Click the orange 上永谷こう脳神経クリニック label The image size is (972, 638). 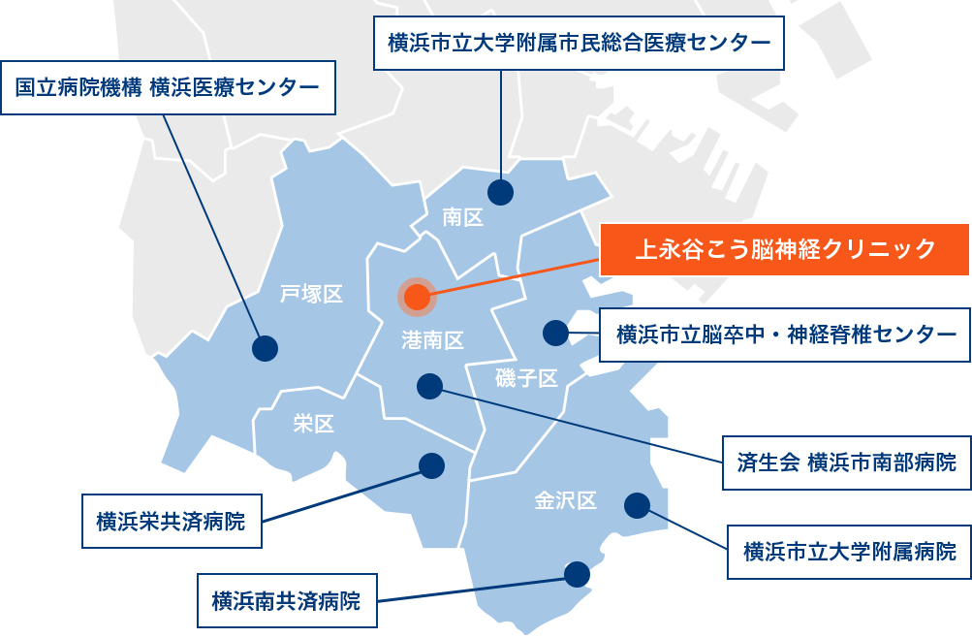click(x=784, y=250)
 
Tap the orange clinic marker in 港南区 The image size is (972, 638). click(x=418, y=298)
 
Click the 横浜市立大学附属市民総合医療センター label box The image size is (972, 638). click(x=579, y=43)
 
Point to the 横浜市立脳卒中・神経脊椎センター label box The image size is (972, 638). click(x=785, y=335)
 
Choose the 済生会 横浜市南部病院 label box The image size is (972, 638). click(x=846, y=462)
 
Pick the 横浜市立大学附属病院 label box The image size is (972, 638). click(x=849, y=552)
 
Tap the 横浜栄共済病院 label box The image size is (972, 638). click(x=172, y=522)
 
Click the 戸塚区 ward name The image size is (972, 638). click(x=311, y=294)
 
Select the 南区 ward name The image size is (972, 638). click(x=462, y=217)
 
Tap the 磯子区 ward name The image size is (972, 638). click(x=526, y=378)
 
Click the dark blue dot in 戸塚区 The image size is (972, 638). click(x=265, y=348)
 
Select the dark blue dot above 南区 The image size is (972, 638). click(x=500, y=192)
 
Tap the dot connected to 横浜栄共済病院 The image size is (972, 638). click(x=431, y=466)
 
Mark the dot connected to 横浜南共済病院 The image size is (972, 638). click(x=578, y=575)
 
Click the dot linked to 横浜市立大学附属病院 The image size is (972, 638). click(x=637, y=505)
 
